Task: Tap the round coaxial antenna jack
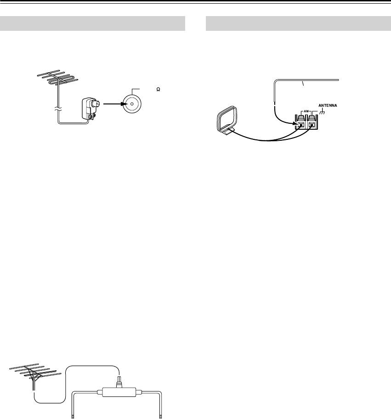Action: point(132,104)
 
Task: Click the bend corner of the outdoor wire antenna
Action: point(275,81)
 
